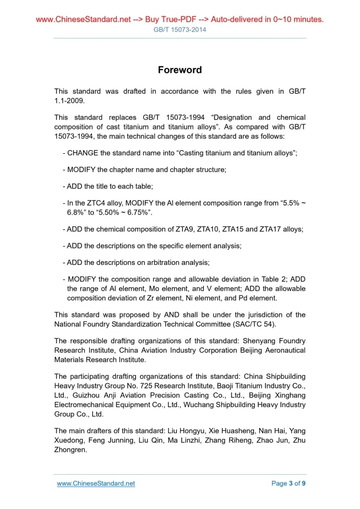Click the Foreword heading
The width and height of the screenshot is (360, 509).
(180, 70)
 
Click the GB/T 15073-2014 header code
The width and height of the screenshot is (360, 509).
(180, 30)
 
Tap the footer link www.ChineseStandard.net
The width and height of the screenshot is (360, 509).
(96, 484)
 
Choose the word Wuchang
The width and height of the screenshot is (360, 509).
(195, 405)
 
